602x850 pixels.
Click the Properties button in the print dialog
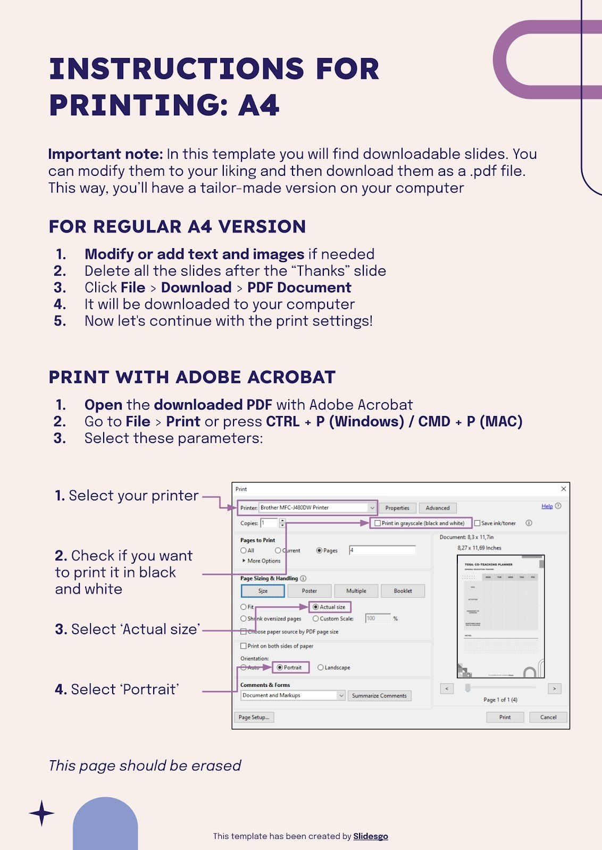[x=397, y=508]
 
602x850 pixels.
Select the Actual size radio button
[x=316, y=607]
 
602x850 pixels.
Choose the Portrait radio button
[x=280, y=667]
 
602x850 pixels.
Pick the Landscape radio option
[x=321, y=667]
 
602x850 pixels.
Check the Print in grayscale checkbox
[x=378, y=523]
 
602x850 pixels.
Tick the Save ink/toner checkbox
[x=478, y=523]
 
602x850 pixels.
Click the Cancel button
[x=548, y=717]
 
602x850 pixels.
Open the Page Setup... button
[x=254, y=717]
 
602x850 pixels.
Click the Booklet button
[x=403, y=591]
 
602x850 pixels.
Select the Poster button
[x=309, y=591]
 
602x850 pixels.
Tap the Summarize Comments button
[x=379, y=695]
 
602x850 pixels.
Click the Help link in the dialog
[x=547, y=506]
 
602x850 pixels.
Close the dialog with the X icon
[x=564, y=489]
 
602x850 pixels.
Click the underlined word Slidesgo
[x=371, y=836]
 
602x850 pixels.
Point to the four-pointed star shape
[x=41, y=813]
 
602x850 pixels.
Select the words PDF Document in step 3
[x=299, y=287]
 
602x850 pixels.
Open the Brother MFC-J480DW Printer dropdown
[x=372, y=508]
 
